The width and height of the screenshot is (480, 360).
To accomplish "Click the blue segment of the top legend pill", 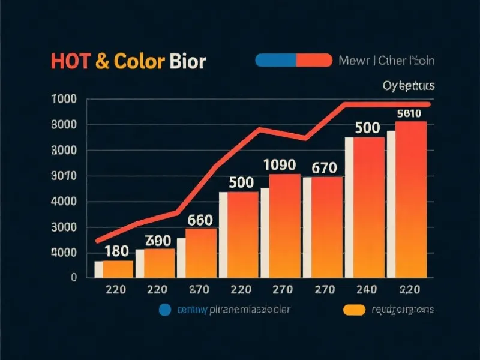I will (275, 60).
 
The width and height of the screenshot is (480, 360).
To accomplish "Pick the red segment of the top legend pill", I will (314, 60).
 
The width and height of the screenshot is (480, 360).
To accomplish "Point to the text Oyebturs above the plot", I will (408, 86).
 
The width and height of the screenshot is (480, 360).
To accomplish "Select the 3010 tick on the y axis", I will (66, 176).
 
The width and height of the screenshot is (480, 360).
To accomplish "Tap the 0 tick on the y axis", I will (74, 278).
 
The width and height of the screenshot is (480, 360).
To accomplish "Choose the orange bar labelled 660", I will (200, 252).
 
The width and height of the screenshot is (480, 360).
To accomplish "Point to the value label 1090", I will (280, 164).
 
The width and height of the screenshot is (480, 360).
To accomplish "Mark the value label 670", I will (324, 168).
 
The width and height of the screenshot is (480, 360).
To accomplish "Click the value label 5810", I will (411, 113).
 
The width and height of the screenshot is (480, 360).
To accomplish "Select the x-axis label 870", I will (199, 290).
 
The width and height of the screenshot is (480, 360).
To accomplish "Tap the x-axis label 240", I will (366, 290).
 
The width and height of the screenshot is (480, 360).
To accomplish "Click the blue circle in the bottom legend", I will (164, 310).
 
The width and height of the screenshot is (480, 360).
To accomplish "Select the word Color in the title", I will (136, 62).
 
